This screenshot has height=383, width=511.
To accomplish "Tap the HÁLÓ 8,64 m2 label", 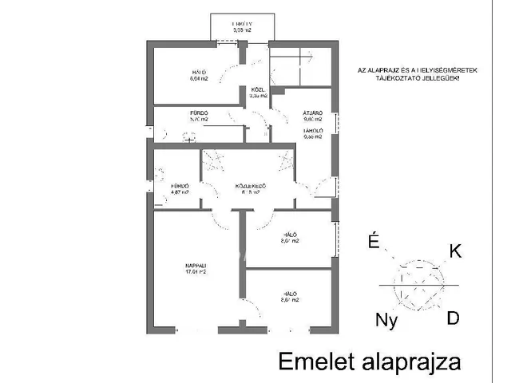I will coord(176,75).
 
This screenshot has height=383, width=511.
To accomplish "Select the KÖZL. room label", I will coord(258,89).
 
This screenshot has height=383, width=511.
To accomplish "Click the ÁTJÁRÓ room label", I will coord(312,114).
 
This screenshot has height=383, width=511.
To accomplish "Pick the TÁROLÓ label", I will coord(312,129).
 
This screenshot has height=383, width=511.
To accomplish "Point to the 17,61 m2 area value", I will coord(196,271).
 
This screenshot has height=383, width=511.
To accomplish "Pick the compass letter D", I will coord(453,318).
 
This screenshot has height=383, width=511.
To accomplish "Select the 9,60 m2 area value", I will coord(312,120).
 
